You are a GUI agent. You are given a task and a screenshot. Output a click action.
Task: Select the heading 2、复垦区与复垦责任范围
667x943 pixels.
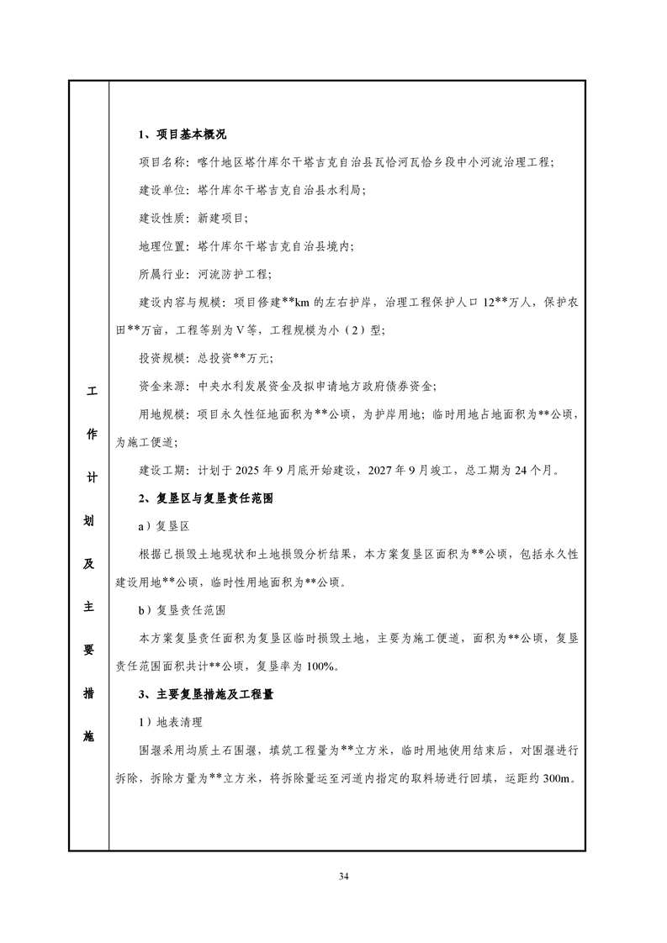pyautogui.click(x=206, y=498)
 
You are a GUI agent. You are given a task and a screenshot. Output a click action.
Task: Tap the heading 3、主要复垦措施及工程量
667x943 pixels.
pyautogui.click(x=206, y=694)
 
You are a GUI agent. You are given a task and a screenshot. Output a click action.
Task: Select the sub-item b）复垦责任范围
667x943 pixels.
pyautogui.click(x=182, y=610)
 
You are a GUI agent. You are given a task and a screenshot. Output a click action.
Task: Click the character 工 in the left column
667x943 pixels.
pyautogui.click(x=90, y=391)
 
